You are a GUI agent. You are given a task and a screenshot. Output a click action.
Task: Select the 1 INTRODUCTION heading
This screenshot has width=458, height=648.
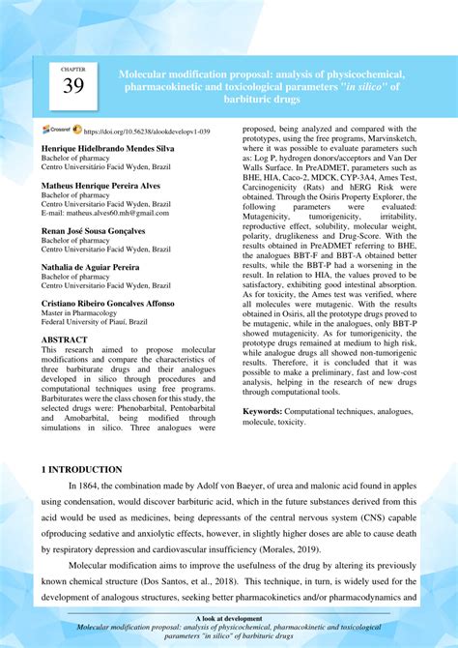[81, 469]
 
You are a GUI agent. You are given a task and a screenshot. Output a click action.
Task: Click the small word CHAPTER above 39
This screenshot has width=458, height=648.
[72, 70]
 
